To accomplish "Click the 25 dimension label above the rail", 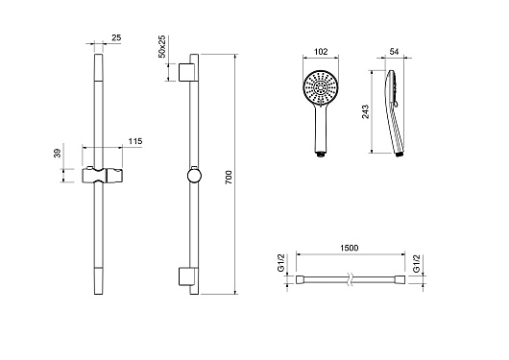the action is coord(116,37).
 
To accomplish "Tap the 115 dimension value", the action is coord(135,141).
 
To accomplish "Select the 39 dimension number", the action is coord(57,153).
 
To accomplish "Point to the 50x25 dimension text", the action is coord(161,46).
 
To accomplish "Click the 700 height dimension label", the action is coord(229,178).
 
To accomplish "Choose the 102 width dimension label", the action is coord(321,52).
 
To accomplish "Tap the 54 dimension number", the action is coord(394,51).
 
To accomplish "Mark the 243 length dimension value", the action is coord(366,111).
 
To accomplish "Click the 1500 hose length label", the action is coord(350,248).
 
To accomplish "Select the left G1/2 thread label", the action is coord(281,263).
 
